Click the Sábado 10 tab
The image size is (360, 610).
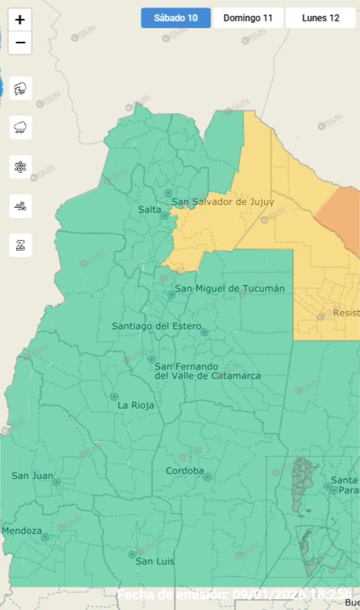click(x=175, y=18)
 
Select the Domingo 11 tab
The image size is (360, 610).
click(x=248, y=18)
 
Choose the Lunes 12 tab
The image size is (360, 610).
click(x=320, y=18)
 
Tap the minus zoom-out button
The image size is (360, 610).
click(x=20, y=43)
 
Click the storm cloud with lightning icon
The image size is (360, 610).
click(x=20, y=88)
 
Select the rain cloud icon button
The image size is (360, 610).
click(x=20, y=127)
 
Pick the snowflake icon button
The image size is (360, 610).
click(x=20, y=166)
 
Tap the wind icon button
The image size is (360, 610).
click(x=20, y=205)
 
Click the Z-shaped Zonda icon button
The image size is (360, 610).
click(x=20, y=245)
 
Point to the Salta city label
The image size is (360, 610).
click(x=149, y=210)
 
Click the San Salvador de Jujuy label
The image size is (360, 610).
click(x=222, y=202)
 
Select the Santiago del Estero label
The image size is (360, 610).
click(x=155, y=326)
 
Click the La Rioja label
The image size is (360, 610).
click(x=136, y=406)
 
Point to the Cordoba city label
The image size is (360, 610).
click(x=185, y=470)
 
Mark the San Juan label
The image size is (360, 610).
click(x=32, y=476)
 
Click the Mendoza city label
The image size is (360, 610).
click(x=22, y=531)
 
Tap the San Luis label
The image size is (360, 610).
click(x=155, y=562)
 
